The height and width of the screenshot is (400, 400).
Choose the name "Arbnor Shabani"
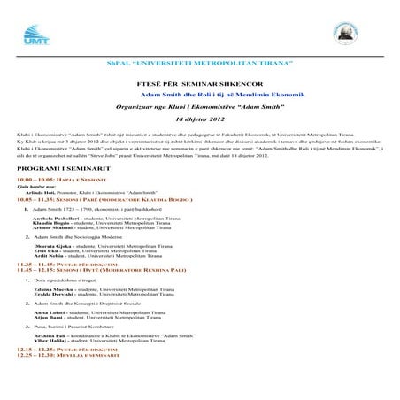pos(48,227)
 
